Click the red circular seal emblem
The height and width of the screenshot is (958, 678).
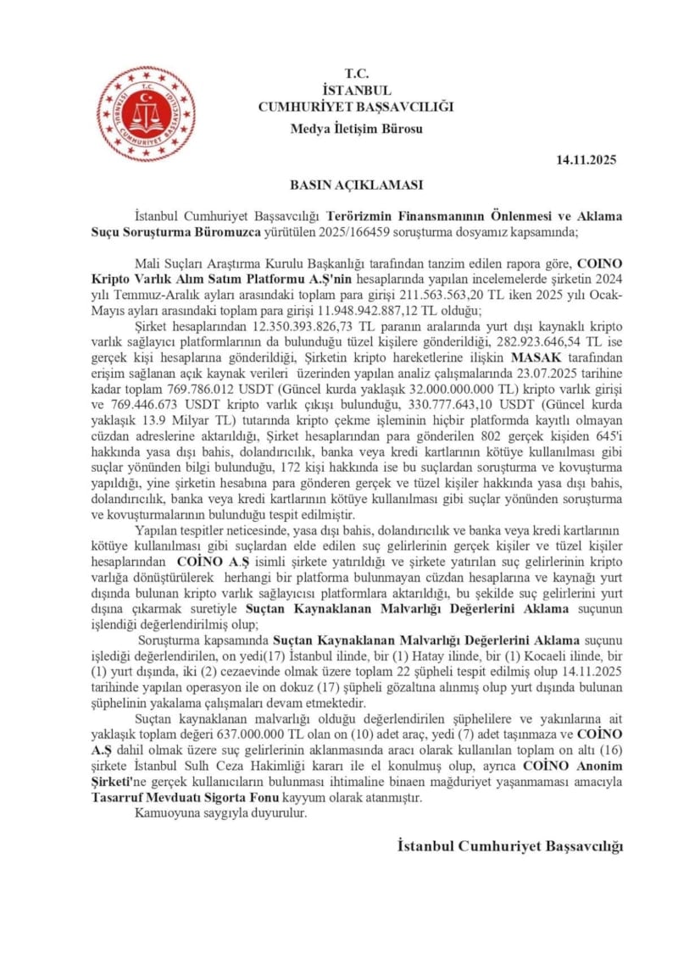coord(145,114)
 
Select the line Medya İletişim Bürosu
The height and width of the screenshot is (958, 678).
coord(356,129)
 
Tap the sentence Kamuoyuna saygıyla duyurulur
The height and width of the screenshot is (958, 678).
coord(219,813)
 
